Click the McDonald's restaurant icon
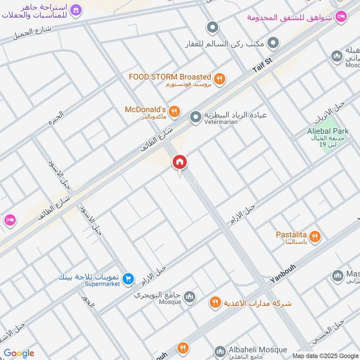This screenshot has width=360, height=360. pyautogui.click(x=175, y=111)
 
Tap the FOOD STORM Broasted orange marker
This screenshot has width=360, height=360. pyautogui.click(x=219, y=79)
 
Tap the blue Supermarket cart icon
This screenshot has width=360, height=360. pyautogui.click(x=129, y=279)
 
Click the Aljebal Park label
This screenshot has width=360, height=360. pyautogui.click(x=328, y=131)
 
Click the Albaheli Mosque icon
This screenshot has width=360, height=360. pyautogui.click(x=220, y=351)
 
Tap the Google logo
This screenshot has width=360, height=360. pyautogui.click(x=19, y=353)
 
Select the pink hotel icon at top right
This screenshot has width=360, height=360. pyautogui.click(x=342, y=17)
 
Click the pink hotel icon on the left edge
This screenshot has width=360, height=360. pyautogui.click(x=9, y=220)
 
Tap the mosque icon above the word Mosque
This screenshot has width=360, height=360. pyautogui.click(x=189, y=296)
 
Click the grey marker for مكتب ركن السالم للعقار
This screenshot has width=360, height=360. pyautogui.click(x=273, y=44)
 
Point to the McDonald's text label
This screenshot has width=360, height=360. pyautogui.click(x=145, y=110)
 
